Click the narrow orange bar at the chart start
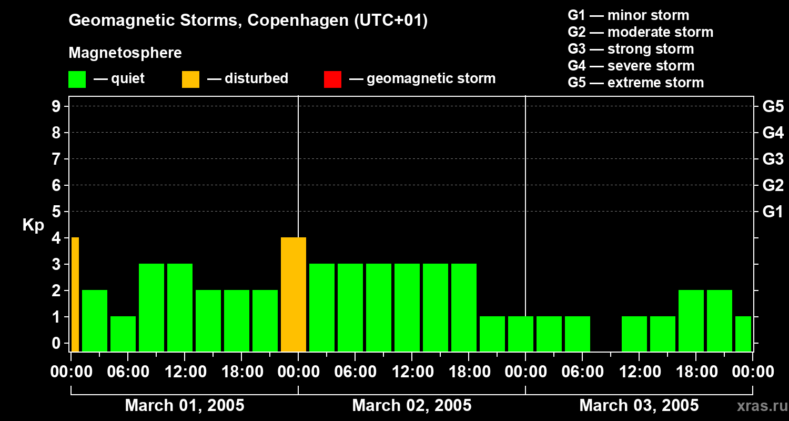coord(75,294)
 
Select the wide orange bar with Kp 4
coord(294,294)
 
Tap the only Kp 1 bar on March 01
coord(123,334)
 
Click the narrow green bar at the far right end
coord(743,334)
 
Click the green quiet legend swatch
coord(77,79)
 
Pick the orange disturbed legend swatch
coord(190,79)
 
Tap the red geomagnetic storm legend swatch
coord(332,79)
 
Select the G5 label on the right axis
coord(773,107)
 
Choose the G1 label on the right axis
coord(773,212)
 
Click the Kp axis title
coord(33,225)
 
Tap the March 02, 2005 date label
coord(411,406)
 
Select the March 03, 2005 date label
coord(639,406)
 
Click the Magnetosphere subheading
coord(125,53)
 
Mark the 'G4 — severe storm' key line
coord(631,66)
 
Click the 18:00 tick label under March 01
coord(242,372)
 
